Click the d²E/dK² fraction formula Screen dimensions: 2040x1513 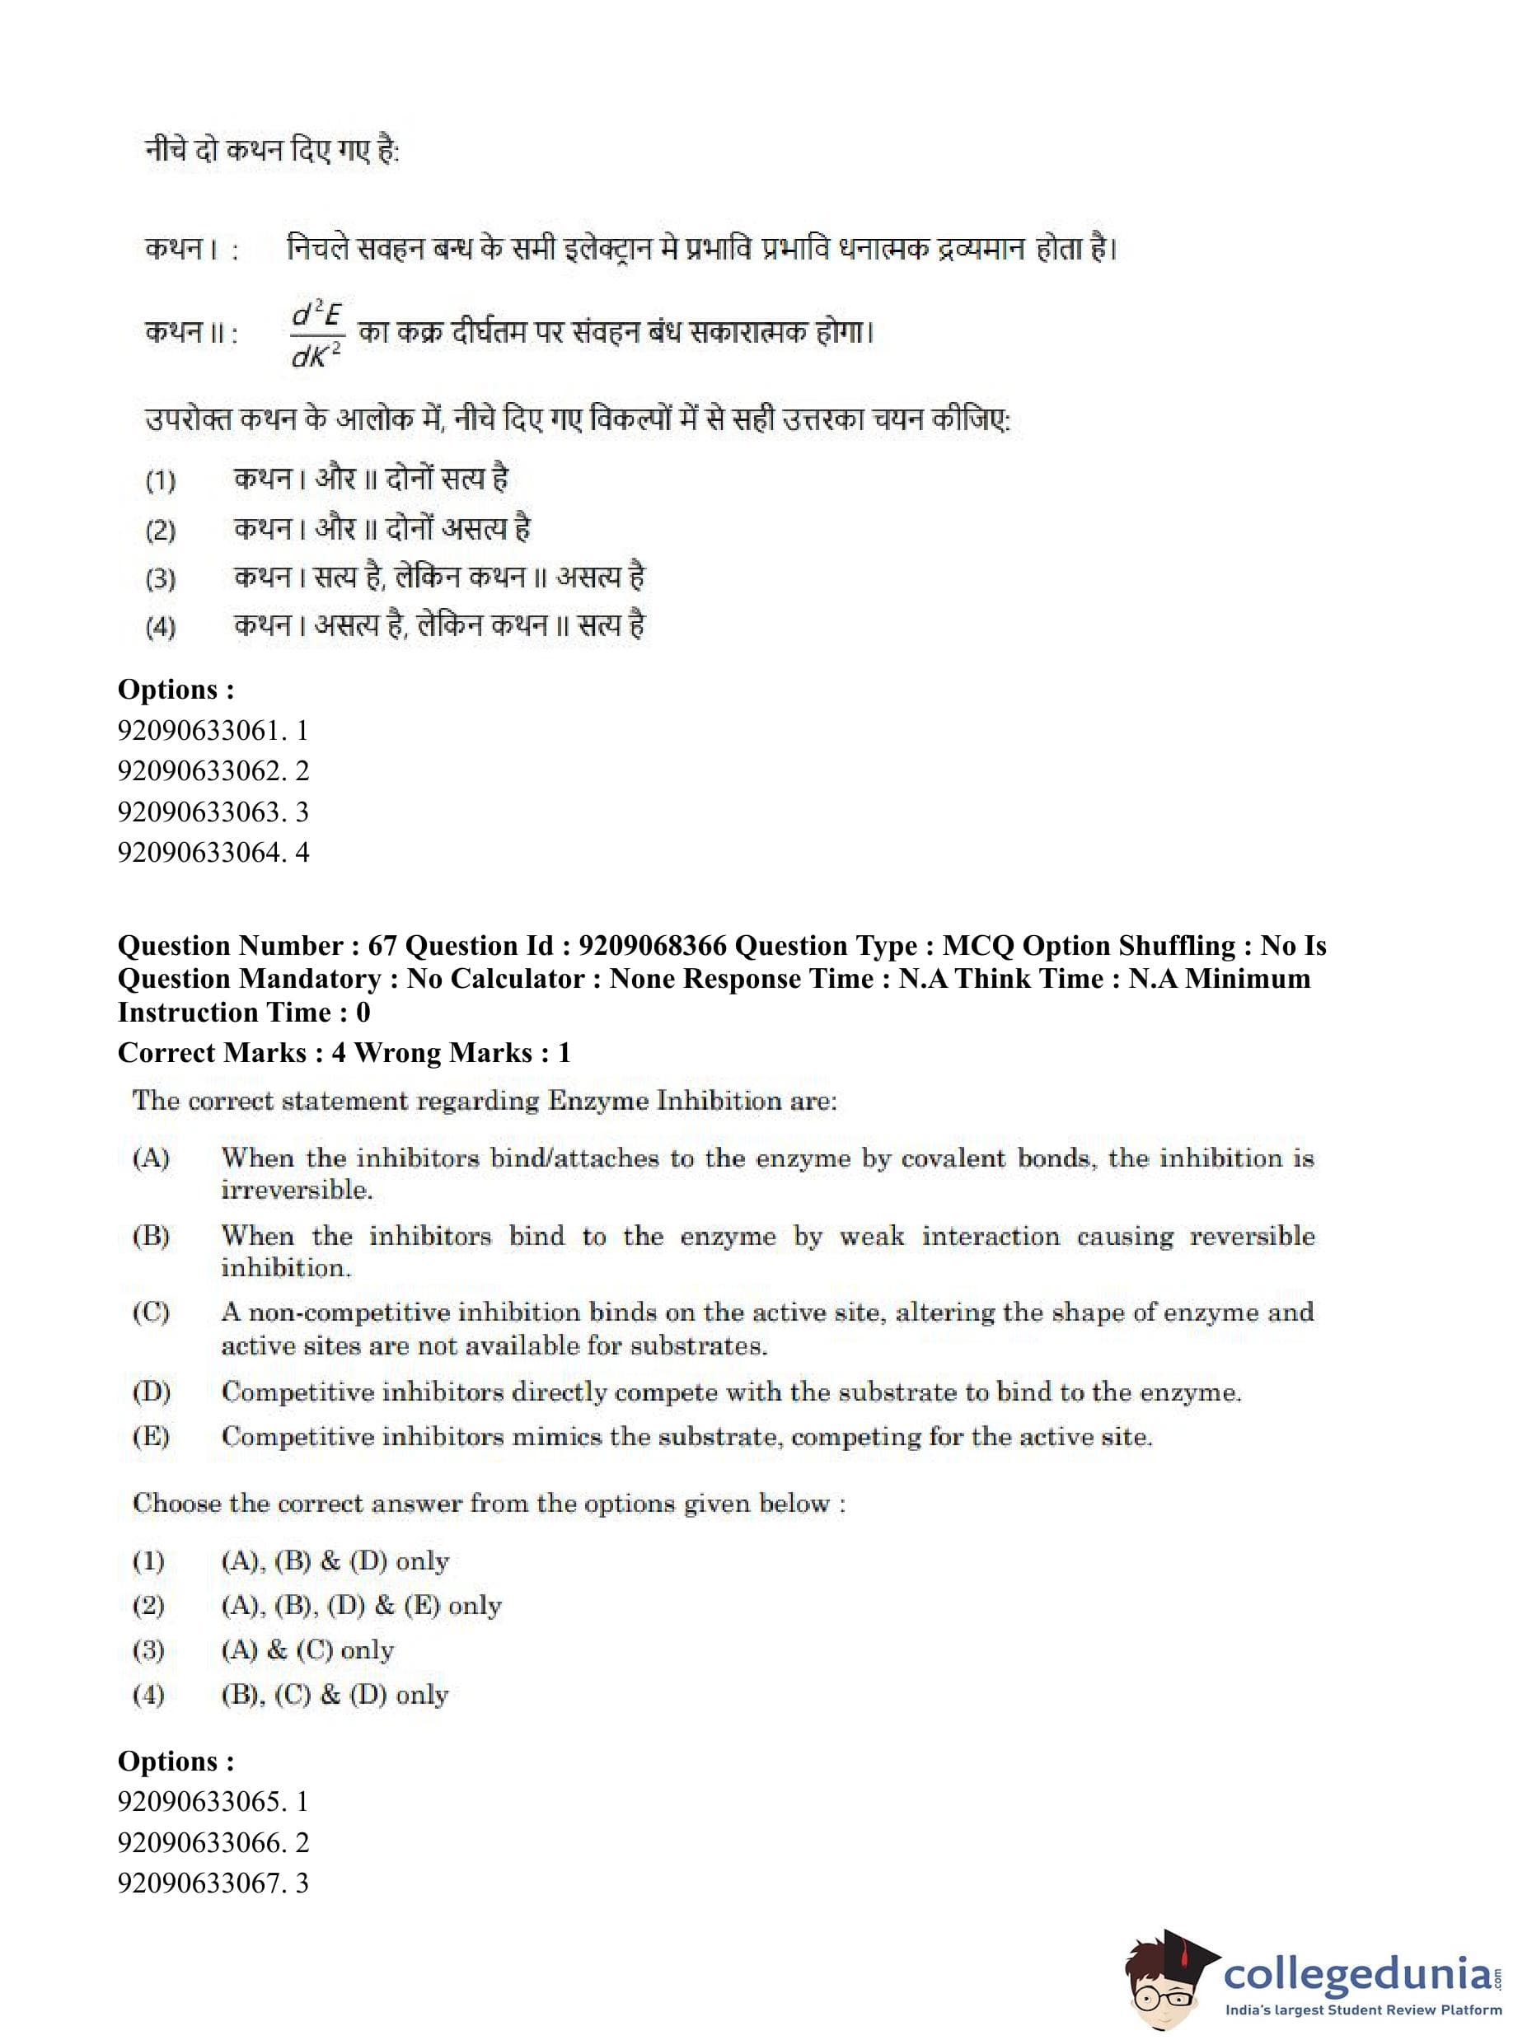(316, 332)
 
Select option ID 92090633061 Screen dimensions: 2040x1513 (213, 731)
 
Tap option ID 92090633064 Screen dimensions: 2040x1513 (213, 853)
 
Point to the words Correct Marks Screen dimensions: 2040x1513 (212, 1052)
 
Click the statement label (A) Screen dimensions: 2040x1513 (151, 1158)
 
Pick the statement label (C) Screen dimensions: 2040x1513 (151, 1312)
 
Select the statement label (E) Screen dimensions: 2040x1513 (151, 1436)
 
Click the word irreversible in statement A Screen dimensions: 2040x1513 (296, 1191)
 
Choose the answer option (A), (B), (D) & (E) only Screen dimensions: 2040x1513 (361, 1605)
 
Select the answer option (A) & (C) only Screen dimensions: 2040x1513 (307, 1650)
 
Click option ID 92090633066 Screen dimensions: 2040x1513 (213, 1842)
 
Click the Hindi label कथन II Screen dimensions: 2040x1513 (190, 332)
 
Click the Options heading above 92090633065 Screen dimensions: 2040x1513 (176, 1761)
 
